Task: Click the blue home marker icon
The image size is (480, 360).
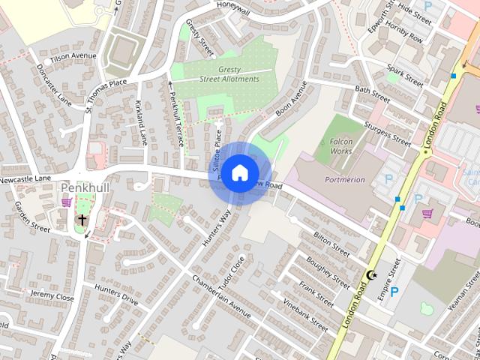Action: tap(239, 173)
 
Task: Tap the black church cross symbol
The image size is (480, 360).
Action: tap(82, 220)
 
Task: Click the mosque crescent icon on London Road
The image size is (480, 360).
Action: tap(370, 275)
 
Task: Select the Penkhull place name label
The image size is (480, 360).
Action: tap(85, 187)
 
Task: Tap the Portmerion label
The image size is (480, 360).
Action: tap(344, 180)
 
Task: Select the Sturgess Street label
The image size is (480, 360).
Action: tap(387, 132)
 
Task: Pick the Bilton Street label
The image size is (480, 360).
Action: tap(331, 244)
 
